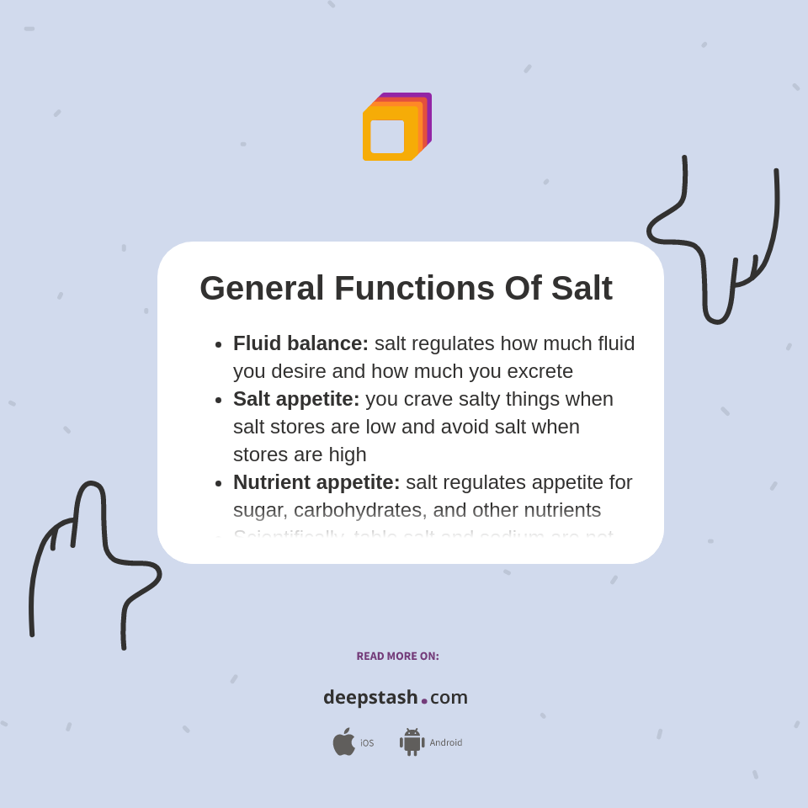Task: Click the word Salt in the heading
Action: coord(582,289)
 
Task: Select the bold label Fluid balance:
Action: coord(300,343)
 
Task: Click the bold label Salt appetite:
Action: coord(296,399)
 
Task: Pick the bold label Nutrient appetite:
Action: coord(316,482)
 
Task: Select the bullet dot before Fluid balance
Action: coord(219,344)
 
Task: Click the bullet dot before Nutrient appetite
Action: coord(219,483)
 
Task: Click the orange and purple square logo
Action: coord(396,126)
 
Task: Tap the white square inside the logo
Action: coord(387,136)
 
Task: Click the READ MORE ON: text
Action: coord(397,656)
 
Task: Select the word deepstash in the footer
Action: coord(370,697)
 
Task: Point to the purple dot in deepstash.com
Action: coord(424,701)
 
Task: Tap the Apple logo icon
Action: coord(343,742)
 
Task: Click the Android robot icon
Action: coord(412,742)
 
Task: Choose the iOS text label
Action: coord(367,743)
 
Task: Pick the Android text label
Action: coord(446,743)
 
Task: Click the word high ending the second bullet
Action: coord(348,454)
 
